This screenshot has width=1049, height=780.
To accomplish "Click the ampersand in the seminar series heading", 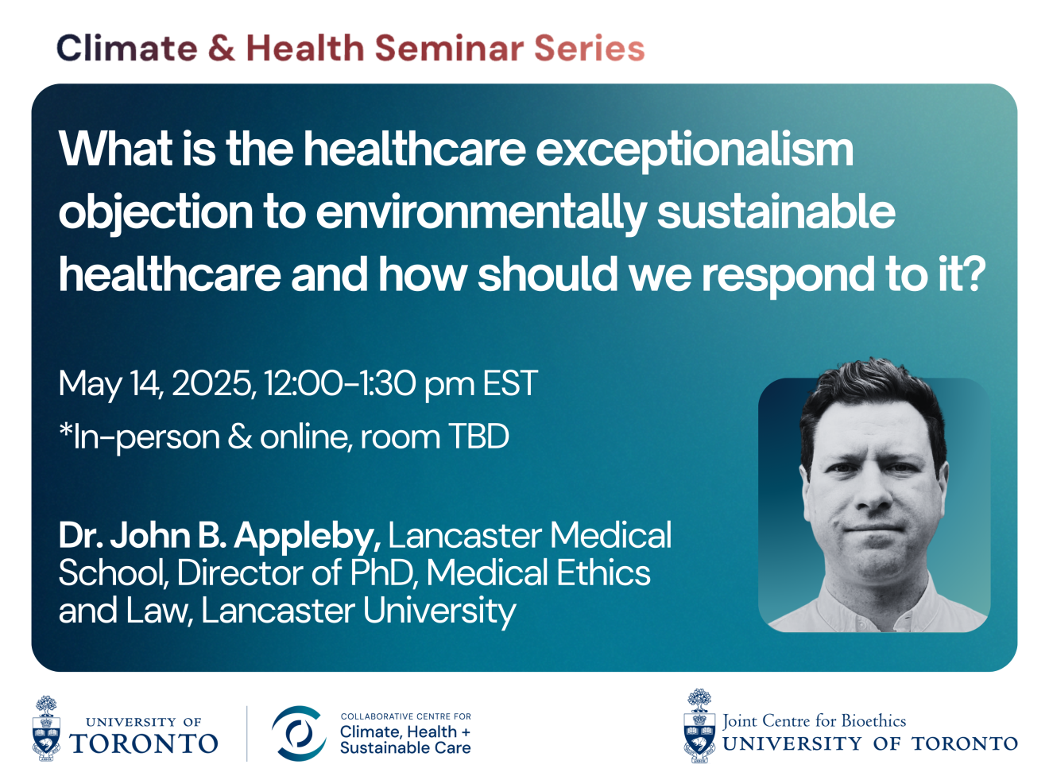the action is pos(222,48).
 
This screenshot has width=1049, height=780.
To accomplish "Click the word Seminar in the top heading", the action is pos(449,48).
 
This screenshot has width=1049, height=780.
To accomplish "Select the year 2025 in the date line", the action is pos(211,382).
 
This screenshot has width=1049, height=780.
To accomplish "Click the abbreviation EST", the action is pos(510,382).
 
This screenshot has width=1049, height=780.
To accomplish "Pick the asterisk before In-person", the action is pos(65,429).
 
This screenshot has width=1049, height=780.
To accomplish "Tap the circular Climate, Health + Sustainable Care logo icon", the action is pos(299,733).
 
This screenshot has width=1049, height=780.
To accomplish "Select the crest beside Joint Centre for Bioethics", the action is pos(699,726).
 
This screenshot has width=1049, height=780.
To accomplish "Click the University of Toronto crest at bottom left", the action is pos(46,728).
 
